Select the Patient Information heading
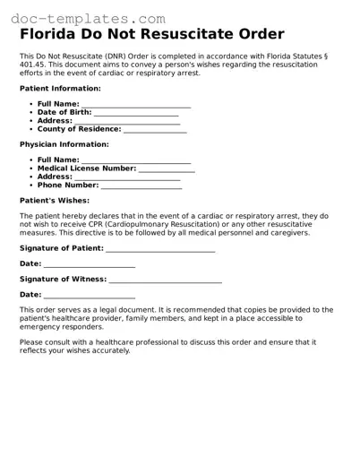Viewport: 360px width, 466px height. coord(60,89)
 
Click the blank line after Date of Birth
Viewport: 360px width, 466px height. coord(136,115)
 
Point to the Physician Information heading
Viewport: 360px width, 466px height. coord(64,144)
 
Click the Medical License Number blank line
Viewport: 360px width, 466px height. coord(167,170)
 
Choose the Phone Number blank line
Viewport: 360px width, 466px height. coord(141,187)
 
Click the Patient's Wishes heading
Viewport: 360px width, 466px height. coord(55,200)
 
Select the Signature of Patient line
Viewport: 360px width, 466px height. coord(160,250)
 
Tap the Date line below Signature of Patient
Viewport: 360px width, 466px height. coord(89,266)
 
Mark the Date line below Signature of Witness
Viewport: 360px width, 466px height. coord(89,297)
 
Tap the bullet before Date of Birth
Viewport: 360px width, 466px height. coord(30,113)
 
